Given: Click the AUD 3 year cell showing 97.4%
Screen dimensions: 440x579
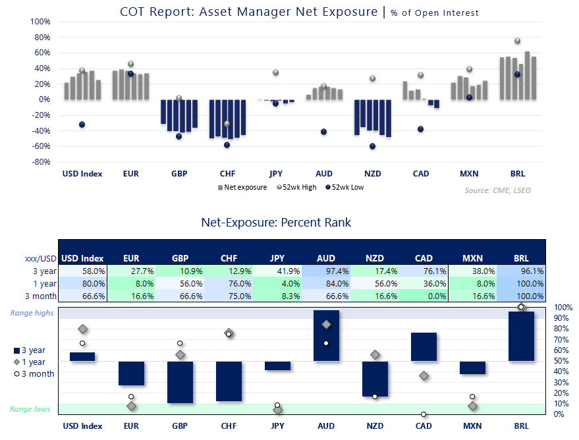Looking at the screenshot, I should tap(326, 271).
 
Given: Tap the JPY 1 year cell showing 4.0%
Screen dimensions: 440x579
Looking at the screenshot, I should tap(277, 283).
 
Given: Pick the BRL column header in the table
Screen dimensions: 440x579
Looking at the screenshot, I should tap(521, 259).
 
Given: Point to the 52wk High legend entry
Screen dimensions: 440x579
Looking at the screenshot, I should tap(299, 187).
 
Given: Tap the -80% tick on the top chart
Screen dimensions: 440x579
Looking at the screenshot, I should tap(40, 162).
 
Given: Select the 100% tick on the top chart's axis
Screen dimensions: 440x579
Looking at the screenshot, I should tap(40, 21).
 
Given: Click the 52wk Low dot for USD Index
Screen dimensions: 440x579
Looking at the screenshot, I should tap(82, 124).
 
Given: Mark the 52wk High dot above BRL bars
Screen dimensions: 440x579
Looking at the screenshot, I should tap(517, 41).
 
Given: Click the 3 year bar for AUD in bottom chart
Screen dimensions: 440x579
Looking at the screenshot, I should tap(326, 335).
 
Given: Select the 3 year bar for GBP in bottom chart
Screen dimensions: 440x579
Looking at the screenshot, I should tap(180, 382).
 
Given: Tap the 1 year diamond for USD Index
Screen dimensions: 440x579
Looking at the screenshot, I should tap(82, 329).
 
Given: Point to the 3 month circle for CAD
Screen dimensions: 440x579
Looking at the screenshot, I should tap(424, 414).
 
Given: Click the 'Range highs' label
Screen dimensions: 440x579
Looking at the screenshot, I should tap(30, 313).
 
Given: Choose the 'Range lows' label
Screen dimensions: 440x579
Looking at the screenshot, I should tap(30, 409).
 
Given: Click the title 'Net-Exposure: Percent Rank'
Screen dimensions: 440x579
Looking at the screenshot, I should tap(276, 223).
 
